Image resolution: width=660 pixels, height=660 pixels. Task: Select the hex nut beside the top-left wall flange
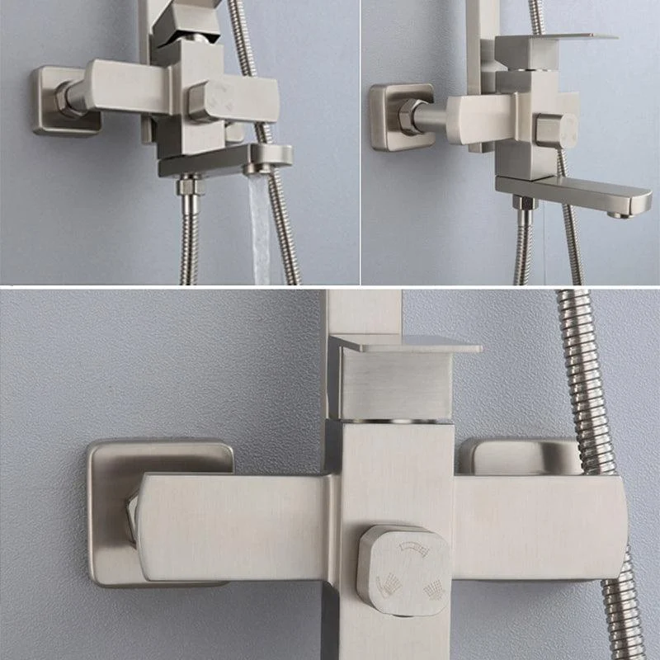pos(69,97)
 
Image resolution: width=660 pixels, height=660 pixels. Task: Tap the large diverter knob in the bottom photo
pos(404,569)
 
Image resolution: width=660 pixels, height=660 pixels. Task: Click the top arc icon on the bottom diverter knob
pos(410,546)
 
